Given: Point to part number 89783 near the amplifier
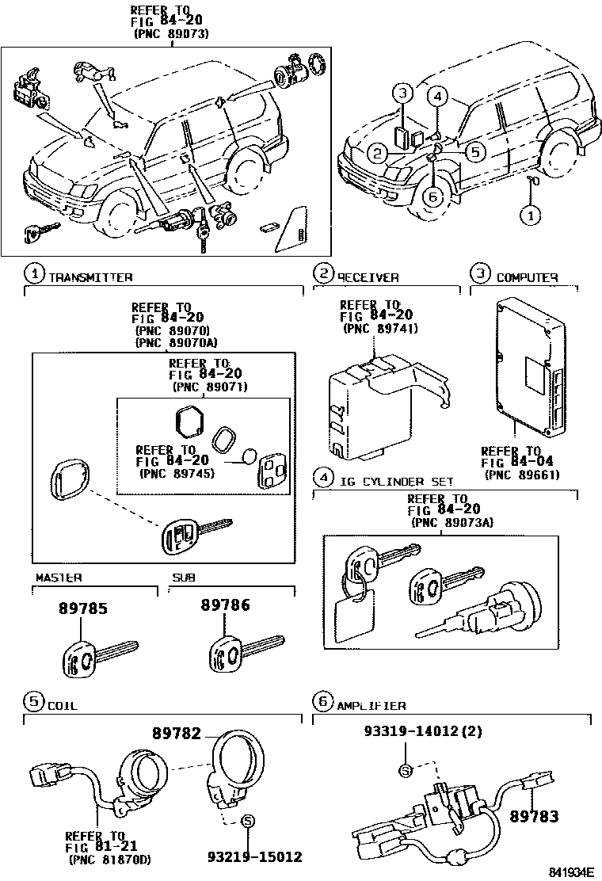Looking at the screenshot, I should [x=534, y=815].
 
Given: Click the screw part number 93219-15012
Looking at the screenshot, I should [x=255, y=856].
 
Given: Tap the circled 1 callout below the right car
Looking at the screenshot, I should [x=532, y=213].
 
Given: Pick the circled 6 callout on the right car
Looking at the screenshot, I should [x=432, y=198].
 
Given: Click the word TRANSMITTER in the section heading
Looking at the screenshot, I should [x=90, y=277].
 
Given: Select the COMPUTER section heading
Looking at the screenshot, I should [x=527, y=277].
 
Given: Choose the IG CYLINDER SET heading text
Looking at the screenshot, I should [x=397, y=480].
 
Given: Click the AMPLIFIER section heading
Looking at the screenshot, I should [x=371, y=704].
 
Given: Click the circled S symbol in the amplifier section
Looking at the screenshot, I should [x=406, y=771].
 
